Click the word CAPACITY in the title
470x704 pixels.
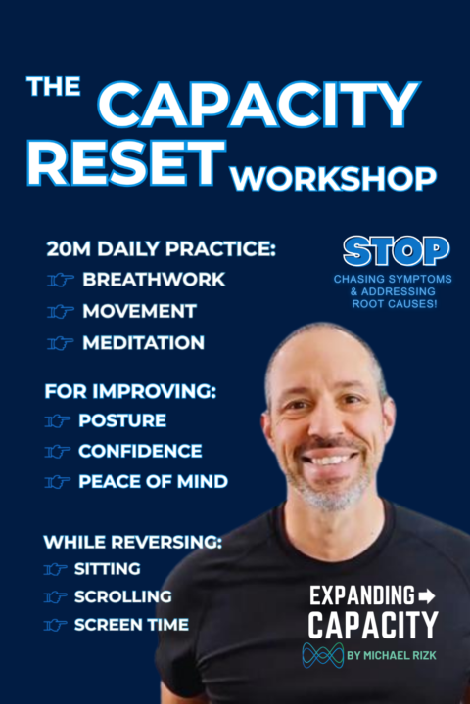tap(259, 106)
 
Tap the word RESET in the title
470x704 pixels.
tap(124, 164)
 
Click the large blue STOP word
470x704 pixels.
tap(396, 251)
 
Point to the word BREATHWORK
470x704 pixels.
tap(154, 280)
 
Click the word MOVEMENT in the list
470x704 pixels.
tap(139, 312)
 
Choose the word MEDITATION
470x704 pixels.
tap(143, 343)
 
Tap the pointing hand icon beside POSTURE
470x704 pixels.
tap(60, 421)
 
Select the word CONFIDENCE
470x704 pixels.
tap(140, 451)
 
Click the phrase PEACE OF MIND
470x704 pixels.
tap(154, 482)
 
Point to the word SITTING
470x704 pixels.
tap(107, 568)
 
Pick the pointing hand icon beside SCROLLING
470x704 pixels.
tap(57, 596)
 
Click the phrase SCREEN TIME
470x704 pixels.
tap(130, 625)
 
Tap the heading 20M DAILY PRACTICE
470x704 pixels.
tap(161, 249)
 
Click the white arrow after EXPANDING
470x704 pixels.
tap(425, 595)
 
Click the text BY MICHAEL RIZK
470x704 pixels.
tap(394, 656)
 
